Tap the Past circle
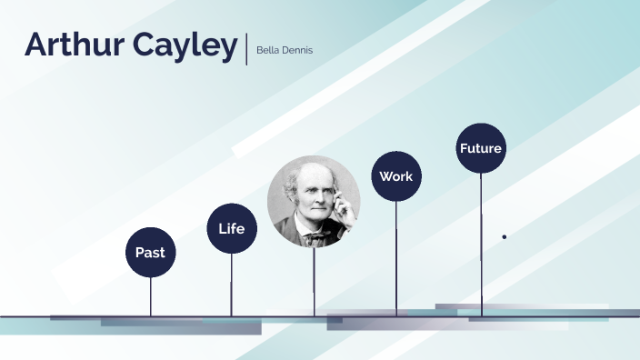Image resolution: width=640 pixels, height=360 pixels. [150, 252]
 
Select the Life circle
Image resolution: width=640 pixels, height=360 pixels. [232, 228]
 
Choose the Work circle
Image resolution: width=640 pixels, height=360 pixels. [396, 176]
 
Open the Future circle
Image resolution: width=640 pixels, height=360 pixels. [481, 148]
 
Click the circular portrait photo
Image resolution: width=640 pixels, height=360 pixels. [314, 202]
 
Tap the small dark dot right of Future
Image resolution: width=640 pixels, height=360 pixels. [505, 236]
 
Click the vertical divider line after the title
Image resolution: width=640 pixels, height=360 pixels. [245, 48]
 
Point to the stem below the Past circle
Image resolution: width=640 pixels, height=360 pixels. [150, 295]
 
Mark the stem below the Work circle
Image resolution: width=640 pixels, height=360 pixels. [396, 258]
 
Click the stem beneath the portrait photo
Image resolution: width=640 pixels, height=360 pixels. [314, 282]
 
